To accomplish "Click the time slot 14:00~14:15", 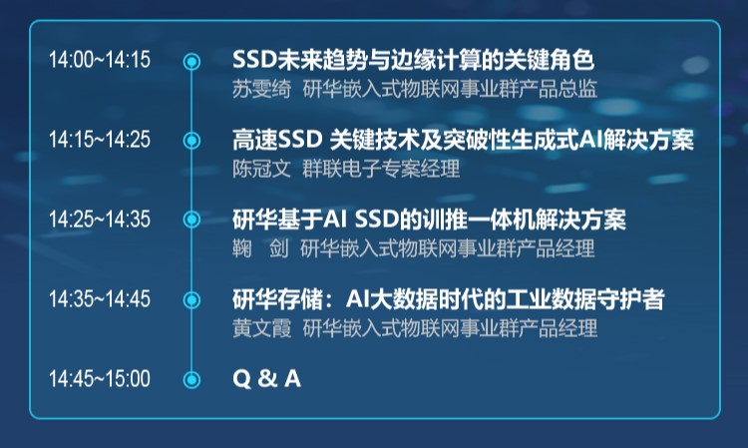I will click(x=100, y=60).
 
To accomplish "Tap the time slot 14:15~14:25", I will click(x=100, y=140).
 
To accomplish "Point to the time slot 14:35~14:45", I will click(x=100, y=299).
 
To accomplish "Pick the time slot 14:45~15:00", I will click(x=100, y=379).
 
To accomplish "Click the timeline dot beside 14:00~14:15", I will click(x=191, y=61).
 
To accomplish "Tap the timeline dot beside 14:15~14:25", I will click(x=191, y=141).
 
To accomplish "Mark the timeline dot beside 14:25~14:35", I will click(x=191, y=220).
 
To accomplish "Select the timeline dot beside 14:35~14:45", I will click(x=191, y=299).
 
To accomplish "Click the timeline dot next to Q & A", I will click(x=191, y=379).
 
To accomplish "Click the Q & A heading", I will click(x=266, y=379).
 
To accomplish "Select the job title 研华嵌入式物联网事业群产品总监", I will click(x=450, y=88).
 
